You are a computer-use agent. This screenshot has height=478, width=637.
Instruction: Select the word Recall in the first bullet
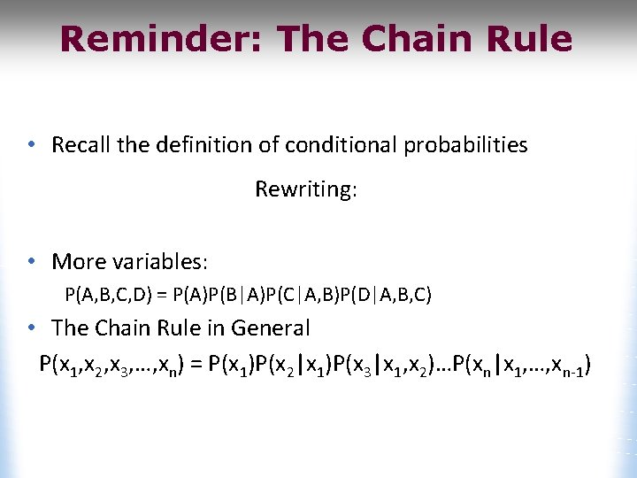click(x=80, y=144)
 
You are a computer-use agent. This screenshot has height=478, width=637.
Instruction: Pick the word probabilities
click(x=465, y=144)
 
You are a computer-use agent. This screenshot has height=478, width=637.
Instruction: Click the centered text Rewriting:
click(x=306, y=189)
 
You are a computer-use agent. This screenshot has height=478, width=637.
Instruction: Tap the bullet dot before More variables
click(x=31, y=261)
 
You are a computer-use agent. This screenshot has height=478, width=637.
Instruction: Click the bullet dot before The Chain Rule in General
click(x=31, y=328)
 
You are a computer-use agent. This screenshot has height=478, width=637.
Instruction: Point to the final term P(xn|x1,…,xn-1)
click(x=522, y=364)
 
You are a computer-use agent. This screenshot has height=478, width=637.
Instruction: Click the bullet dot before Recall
click(x=31, y=144)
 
